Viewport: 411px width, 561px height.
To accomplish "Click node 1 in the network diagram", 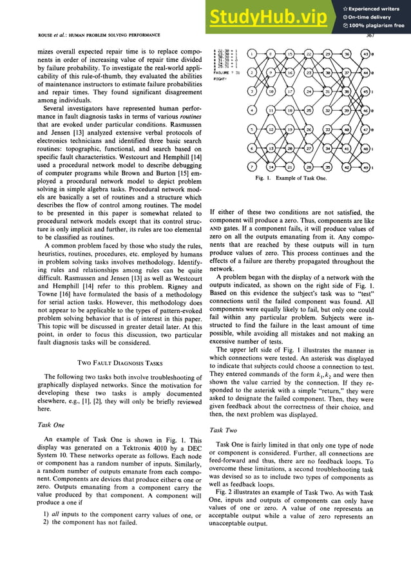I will point(253,53).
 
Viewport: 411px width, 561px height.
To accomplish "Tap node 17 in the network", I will point(290,91).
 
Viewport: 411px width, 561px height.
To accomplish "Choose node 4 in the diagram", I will point(253,110).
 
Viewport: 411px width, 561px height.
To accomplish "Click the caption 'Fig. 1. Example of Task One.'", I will point(291,178).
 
